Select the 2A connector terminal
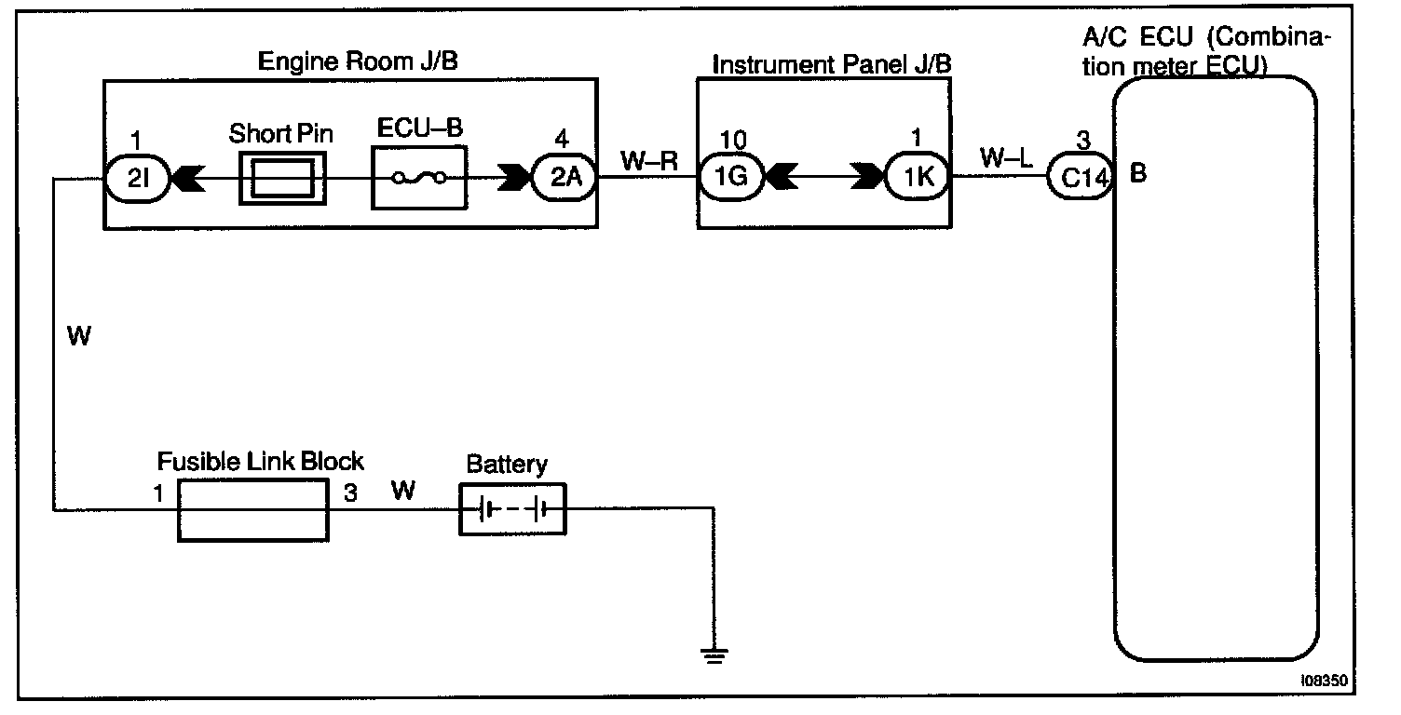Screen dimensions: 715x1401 coord(564,178)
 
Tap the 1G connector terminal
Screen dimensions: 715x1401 coord(731,178)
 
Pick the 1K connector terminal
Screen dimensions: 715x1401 coord(918,178)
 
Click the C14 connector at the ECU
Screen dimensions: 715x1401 coord(1081,178)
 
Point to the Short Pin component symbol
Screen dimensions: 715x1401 coord(282,178)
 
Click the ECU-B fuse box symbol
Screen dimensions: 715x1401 coord(418,178)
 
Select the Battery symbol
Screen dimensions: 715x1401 coord(512,509)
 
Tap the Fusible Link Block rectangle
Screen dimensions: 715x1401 coord(252,509)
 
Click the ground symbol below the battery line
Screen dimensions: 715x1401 coord(714,657)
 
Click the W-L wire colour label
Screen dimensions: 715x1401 coord(1005,158)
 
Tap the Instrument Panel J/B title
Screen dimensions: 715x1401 coord(831,65)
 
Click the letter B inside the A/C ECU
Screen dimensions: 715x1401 coord(1137,174)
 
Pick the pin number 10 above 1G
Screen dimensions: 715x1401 coord(734,140)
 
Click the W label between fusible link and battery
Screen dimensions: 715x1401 coord(402,490)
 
